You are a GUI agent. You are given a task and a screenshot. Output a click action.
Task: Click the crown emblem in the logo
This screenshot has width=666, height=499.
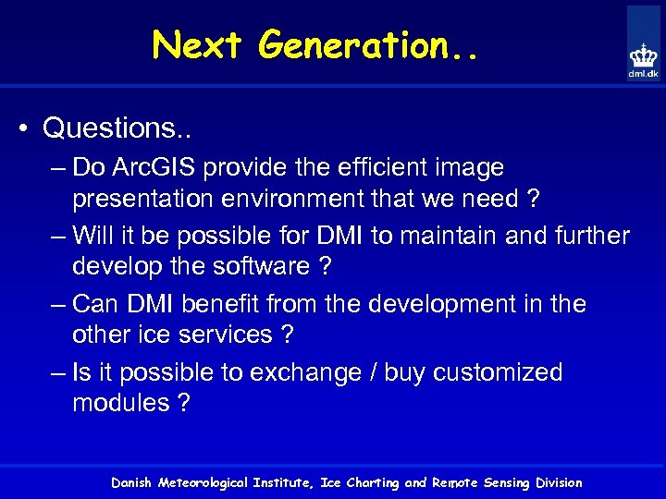644,55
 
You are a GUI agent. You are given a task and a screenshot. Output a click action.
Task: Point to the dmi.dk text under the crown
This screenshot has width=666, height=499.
644,74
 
